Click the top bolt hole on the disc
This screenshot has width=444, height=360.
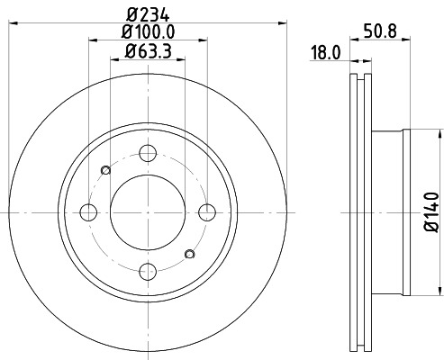tap(149, 153)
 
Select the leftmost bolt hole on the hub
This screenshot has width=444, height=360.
tap(89, 212)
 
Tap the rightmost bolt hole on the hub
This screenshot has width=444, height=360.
tap(208, 212)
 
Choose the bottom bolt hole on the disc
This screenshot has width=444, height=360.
tap(149, 271)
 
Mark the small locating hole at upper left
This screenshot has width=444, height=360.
tap(105, 170)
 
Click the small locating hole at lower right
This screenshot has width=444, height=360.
tap(189, 253)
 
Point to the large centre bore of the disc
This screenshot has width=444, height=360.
tap(149, 212)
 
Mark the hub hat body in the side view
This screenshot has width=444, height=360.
tap(388, 212)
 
